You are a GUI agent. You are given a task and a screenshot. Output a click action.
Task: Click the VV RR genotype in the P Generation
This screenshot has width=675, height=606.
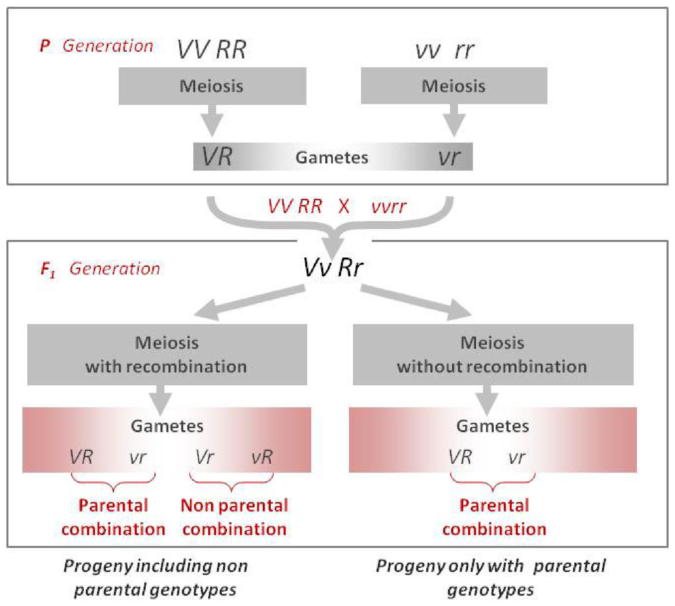click(x=211, y=50)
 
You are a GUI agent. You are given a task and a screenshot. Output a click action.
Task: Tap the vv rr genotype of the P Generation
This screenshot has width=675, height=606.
click(x=444, y=50)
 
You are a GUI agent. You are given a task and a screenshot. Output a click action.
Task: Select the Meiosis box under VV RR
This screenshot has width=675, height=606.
click(x=212, y=86)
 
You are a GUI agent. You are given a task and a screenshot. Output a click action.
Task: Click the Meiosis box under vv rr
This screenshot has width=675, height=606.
click(x=454, y=86)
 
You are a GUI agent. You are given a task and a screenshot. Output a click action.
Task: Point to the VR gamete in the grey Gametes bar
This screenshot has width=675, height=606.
click(x=217, y=156)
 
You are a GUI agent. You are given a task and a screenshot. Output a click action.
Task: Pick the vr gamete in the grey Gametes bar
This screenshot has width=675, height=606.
click(x=449, y=157)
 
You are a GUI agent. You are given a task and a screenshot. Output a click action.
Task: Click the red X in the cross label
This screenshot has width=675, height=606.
click(x=344, y=206)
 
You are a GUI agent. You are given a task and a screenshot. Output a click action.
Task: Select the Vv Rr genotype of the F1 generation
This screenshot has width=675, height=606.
click(x=333, y=267)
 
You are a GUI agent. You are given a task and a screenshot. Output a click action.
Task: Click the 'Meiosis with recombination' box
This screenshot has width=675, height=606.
click(x=167, y=354)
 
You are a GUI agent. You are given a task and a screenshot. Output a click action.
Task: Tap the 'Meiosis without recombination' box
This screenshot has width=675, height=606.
click(x=493, y=354)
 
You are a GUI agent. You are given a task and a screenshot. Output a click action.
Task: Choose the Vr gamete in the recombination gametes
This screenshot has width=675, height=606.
click(x=205, y=457)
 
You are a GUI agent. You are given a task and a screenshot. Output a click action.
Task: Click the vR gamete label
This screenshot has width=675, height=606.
click(x=262, y=457)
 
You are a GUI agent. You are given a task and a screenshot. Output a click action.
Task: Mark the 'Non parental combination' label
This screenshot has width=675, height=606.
click(x=234, y=517)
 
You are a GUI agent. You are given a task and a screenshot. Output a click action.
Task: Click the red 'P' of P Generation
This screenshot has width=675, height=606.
click(x=45, y=46)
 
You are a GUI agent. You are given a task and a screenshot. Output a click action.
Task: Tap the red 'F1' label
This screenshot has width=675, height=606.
click(x=48, y=269)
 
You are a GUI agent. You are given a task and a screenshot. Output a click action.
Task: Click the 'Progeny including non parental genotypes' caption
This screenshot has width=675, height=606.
click(x=156, y=578)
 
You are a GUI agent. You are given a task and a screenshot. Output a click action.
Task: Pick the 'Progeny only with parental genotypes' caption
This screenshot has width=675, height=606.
click(x=491, y=578)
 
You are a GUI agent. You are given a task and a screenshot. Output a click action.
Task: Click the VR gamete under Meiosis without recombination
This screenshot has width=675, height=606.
click(x=460, y=457)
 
